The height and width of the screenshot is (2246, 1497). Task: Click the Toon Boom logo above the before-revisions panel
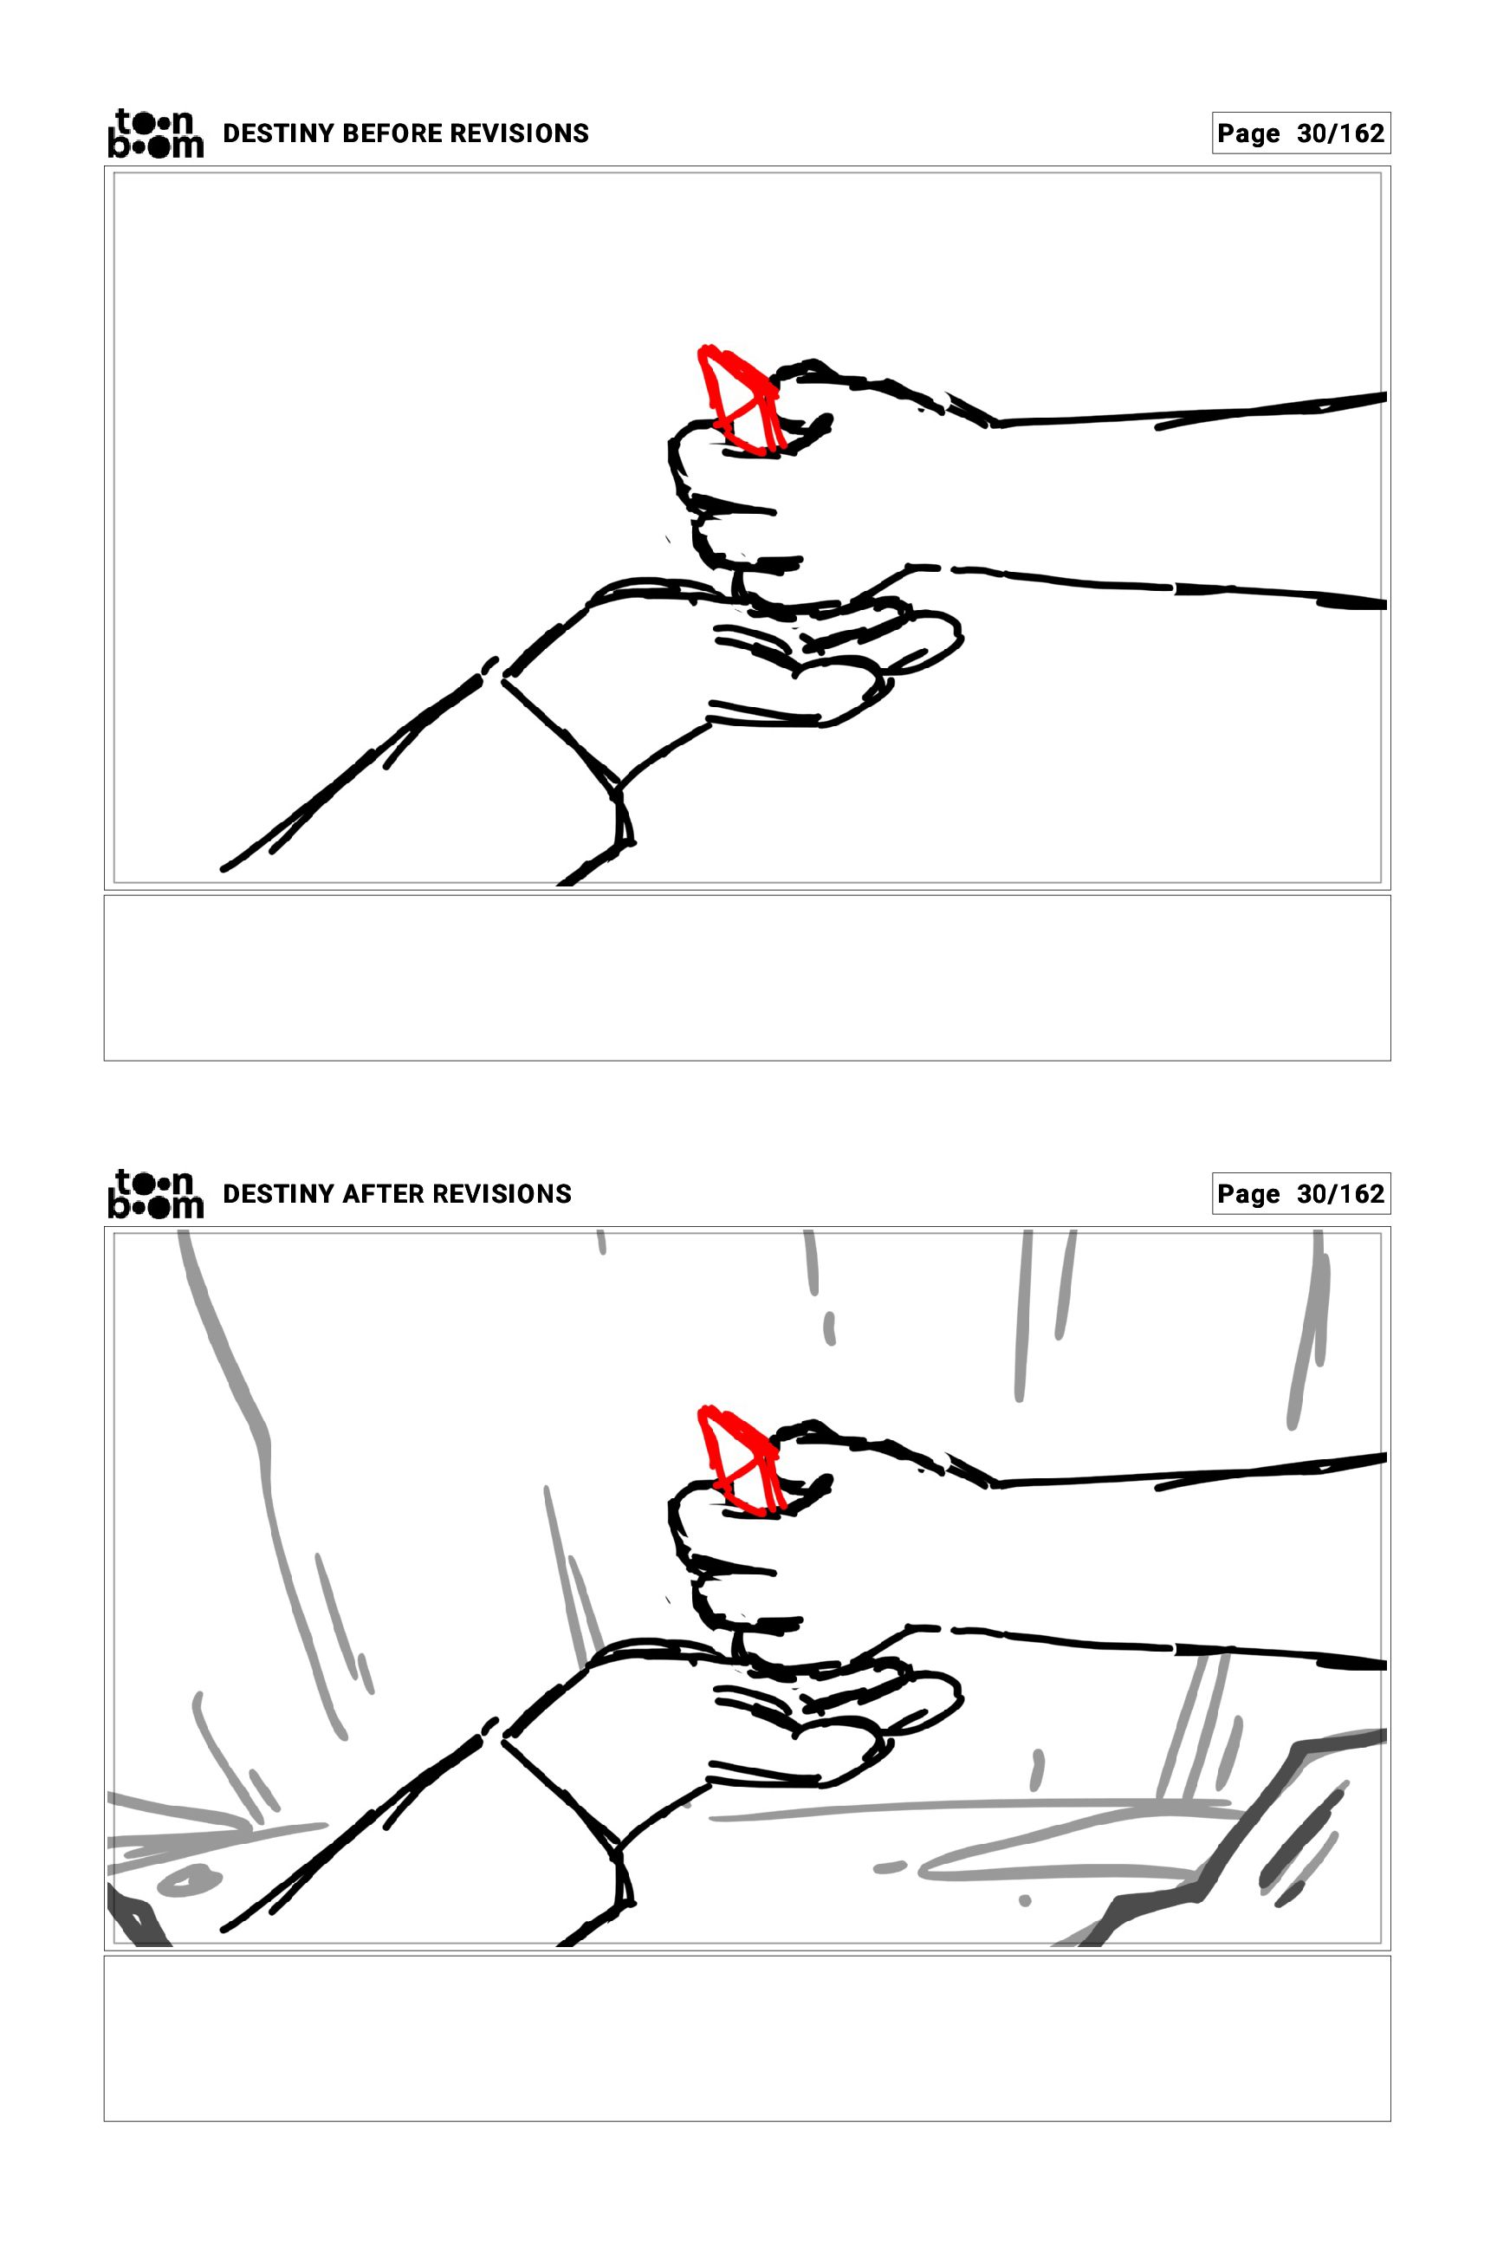point(156,133)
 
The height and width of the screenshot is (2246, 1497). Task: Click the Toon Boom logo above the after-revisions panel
point(156,1194)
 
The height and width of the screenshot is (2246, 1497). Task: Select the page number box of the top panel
point(1300,133)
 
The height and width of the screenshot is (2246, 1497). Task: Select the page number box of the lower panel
point(1300,1195)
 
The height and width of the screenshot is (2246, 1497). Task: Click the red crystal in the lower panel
point(740,1460)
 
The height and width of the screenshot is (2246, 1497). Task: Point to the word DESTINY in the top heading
point(278,133)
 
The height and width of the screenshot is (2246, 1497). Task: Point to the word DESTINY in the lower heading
point(278,1195)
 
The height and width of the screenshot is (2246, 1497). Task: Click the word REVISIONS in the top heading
point(520,133)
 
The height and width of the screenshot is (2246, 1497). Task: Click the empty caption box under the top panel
point(748,977)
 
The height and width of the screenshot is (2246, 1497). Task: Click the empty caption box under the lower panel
point(748,2038)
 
